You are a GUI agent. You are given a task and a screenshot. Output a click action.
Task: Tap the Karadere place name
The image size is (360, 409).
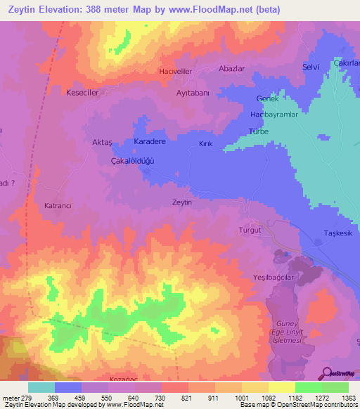(149, 141)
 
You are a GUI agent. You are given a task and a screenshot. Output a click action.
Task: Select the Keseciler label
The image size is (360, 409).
(82, 92)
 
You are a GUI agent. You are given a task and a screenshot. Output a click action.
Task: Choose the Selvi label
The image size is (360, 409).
(310, 67)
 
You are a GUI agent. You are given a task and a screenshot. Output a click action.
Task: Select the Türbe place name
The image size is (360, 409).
(259, 131)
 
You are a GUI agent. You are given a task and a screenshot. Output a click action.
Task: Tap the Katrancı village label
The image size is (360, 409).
(58, 206)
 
